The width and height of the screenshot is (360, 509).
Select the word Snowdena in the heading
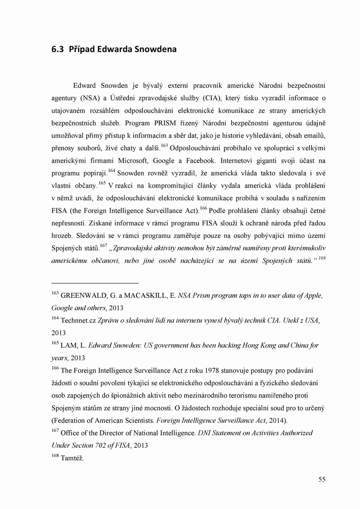click(156, 50)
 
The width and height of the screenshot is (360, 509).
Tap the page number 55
click(322, 480)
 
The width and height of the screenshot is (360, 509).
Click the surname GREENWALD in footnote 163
click(84, 296)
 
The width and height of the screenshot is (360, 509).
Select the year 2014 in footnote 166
click(274, 421)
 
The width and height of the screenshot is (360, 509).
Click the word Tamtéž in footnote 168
click(72, 458)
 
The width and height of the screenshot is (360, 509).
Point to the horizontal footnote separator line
click(95, 283)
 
